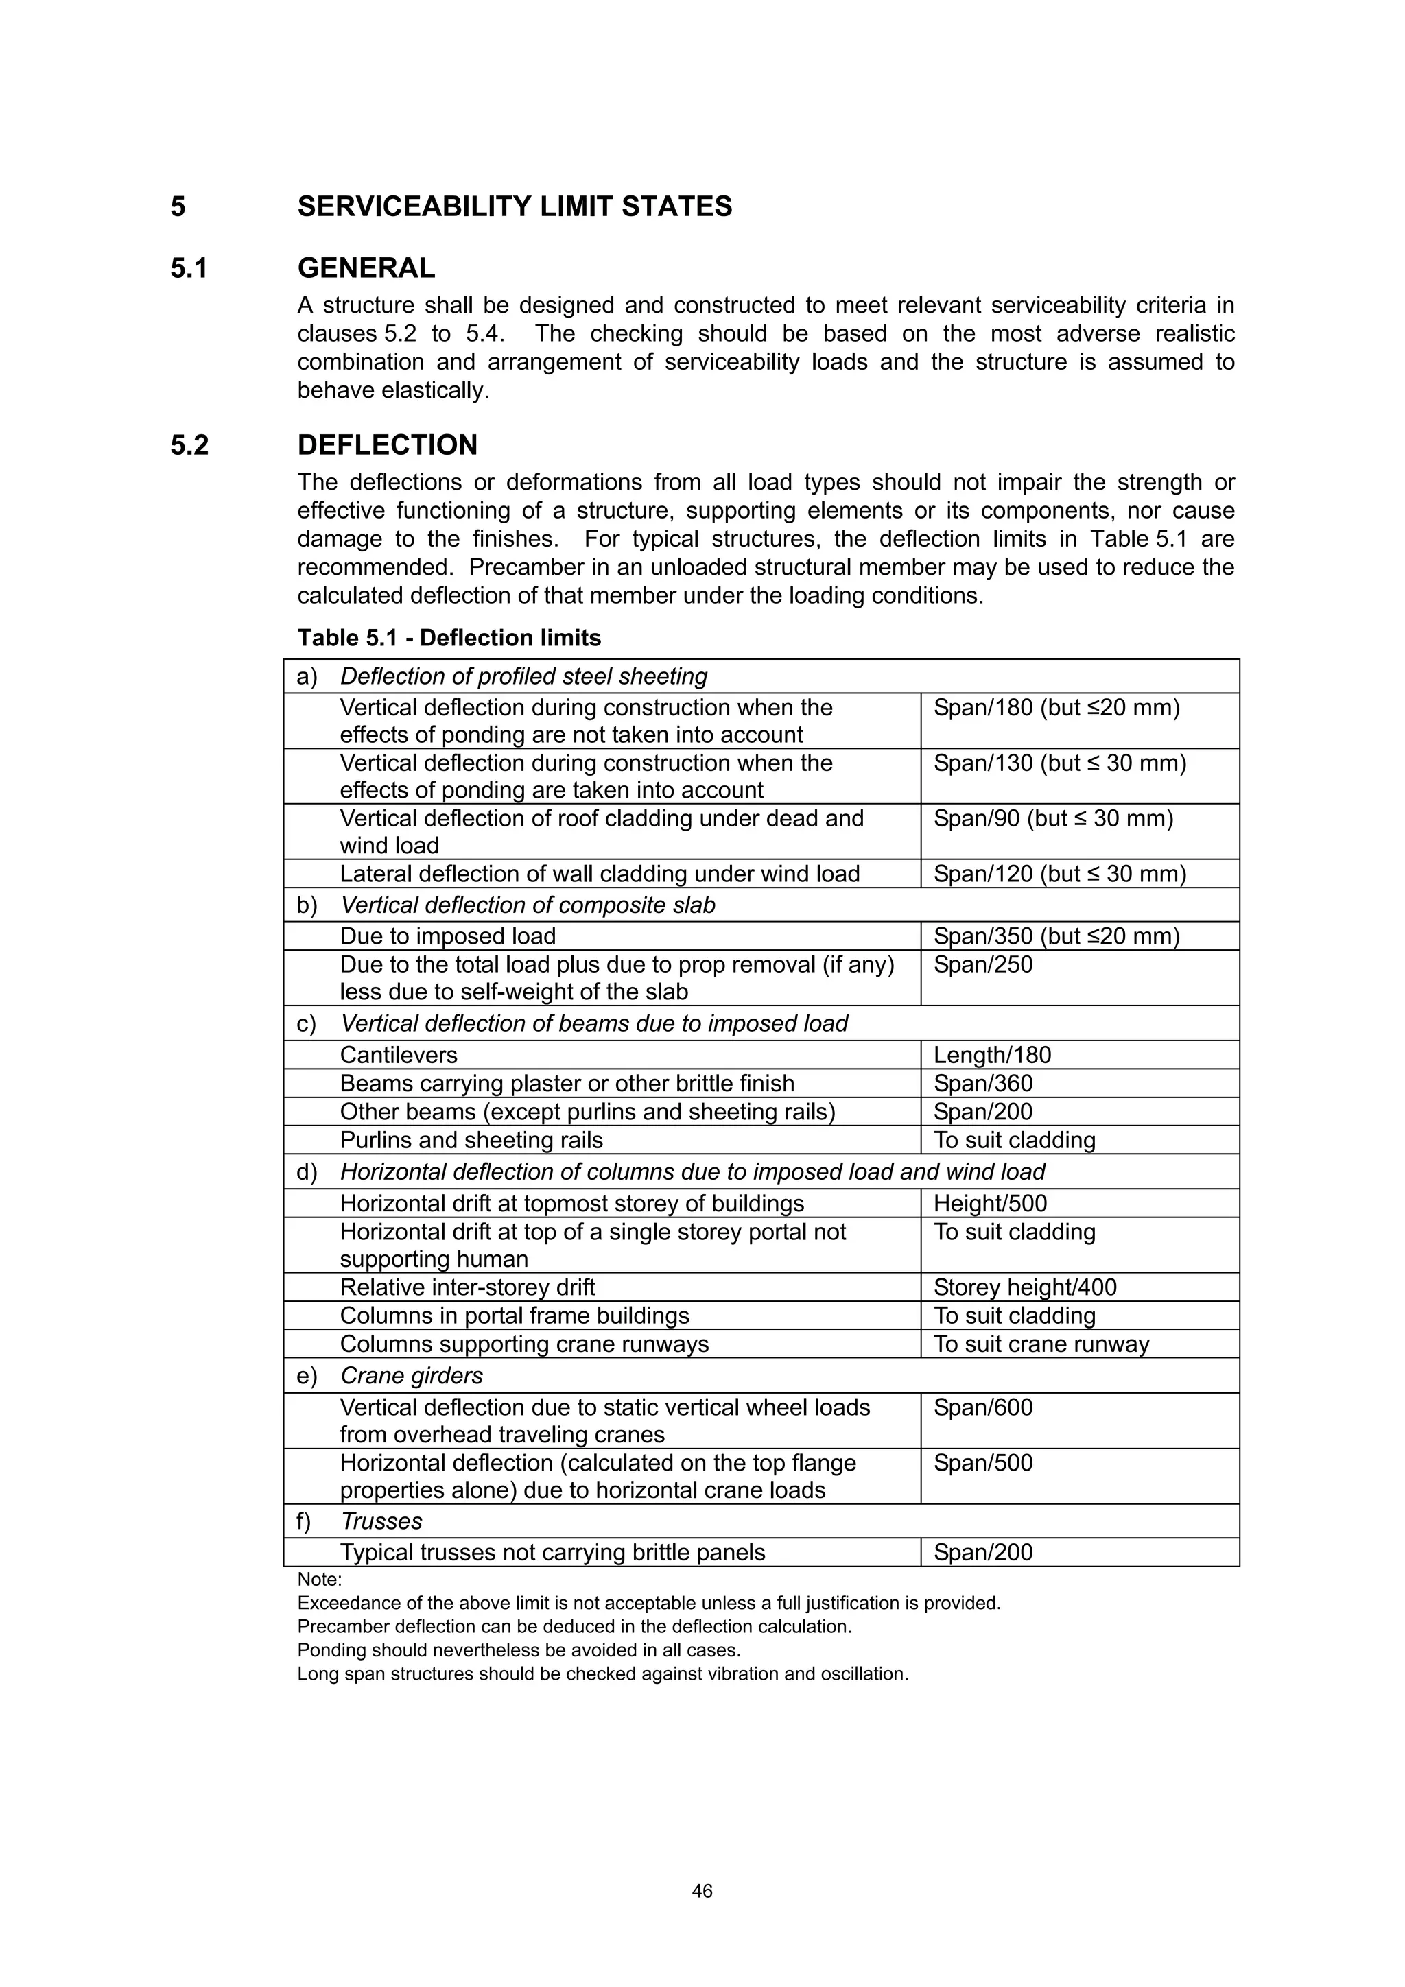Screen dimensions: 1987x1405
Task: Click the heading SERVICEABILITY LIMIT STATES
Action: coord(515,207)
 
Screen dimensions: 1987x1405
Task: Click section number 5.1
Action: coord(189,268)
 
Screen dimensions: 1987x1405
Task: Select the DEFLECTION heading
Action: coord(387,445)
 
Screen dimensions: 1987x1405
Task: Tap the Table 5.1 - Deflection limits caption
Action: coord(449,638)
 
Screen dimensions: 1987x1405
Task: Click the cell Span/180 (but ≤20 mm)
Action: coord(1056,708)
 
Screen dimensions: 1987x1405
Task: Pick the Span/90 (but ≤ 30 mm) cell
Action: coord(1052,819)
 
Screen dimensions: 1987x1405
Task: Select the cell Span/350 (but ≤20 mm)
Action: coord(1056,936)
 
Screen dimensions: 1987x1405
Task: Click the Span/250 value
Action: coord(982,965)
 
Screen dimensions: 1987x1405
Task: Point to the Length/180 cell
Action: coord(992,1055)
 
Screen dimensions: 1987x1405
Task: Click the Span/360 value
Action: coord(982,1084)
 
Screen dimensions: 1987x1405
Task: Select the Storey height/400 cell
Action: coord(1025,1287)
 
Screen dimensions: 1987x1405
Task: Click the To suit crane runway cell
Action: coord(1041,1344)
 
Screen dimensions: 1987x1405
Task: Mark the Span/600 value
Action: coord(982,1408)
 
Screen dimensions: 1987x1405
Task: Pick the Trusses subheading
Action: coord(381,1521)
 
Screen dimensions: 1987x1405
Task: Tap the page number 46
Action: coord(702,1892)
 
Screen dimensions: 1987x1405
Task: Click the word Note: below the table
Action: coord(320,1580)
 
